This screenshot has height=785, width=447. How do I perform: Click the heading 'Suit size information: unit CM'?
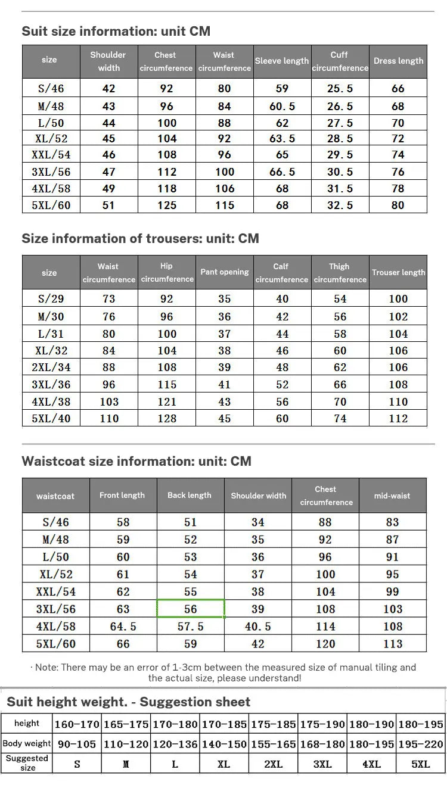(116, 32)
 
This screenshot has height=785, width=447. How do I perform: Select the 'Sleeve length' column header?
(282, 61)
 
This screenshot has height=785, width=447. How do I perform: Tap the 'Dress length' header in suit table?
(398, 61)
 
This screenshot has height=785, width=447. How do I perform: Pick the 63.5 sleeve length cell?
(282, 139)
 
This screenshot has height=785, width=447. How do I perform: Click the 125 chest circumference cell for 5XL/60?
(167, 205)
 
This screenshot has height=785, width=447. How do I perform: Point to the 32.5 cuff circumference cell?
(340, 205)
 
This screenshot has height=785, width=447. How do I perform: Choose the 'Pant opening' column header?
(224, 272)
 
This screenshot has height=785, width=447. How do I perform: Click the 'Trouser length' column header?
(398, 273)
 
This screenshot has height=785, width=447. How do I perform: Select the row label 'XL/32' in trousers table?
(51, 351)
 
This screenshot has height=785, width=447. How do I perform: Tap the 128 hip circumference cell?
(167, 419)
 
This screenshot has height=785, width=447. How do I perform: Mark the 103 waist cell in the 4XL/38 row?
(108, 402)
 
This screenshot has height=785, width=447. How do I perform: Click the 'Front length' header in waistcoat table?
(122, 496)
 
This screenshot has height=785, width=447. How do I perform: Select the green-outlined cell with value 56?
(191, 609)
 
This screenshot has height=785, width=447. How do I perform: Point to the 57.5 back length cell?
(191, 627)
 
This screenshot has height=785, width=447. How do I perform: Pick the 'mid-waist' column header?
(392, 496)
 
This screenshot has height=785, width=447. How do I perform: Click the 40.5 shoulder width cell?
(258, 627)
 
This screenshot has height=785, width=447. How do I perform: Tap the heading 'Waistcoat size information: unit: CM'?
(136, 462)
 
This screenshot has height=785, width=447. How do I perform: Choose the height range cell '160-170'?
(77, 725)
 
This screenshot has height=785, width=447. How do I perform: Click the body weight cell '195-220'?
(421, 744)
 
